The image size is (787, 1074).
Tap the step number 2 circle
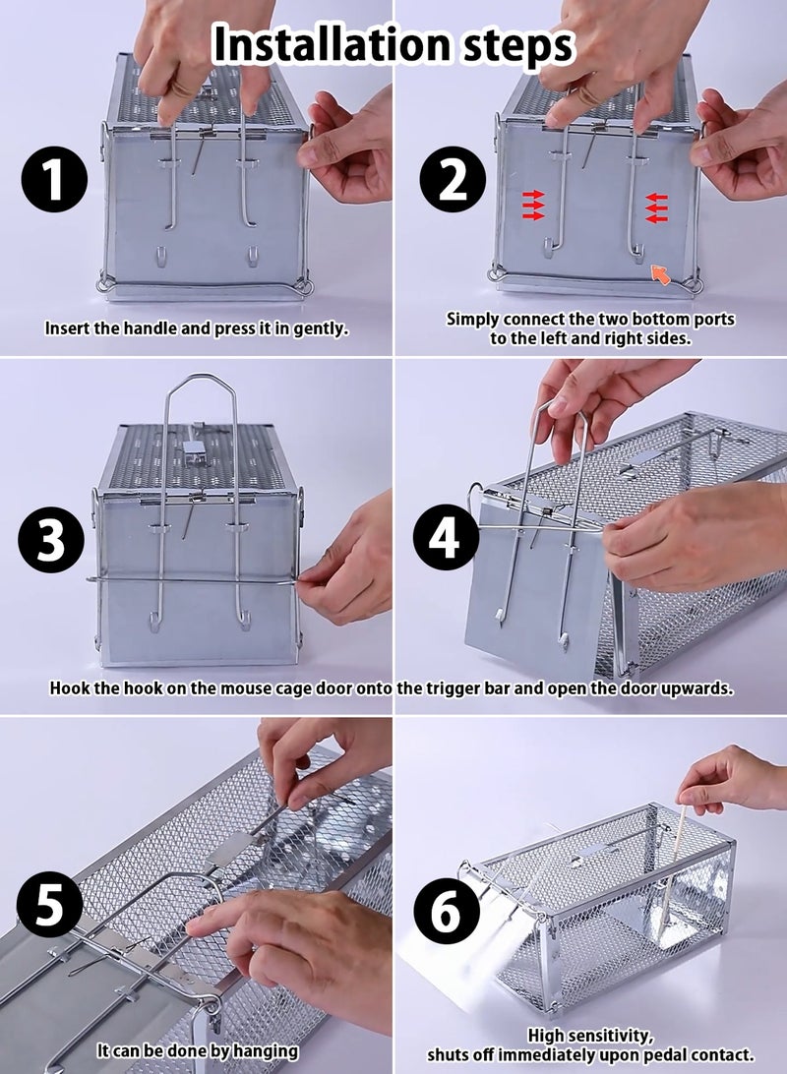[x=453, y=183]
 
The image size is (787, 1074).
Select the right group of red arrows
[x=657, y=207]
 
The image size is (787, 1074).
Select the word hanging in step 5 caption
[x=264, y=1051]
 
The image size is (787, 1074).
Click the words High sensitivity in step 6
[x=590, y=1035]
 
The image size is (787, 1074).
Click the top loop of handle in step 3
[x=198, y=380]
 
